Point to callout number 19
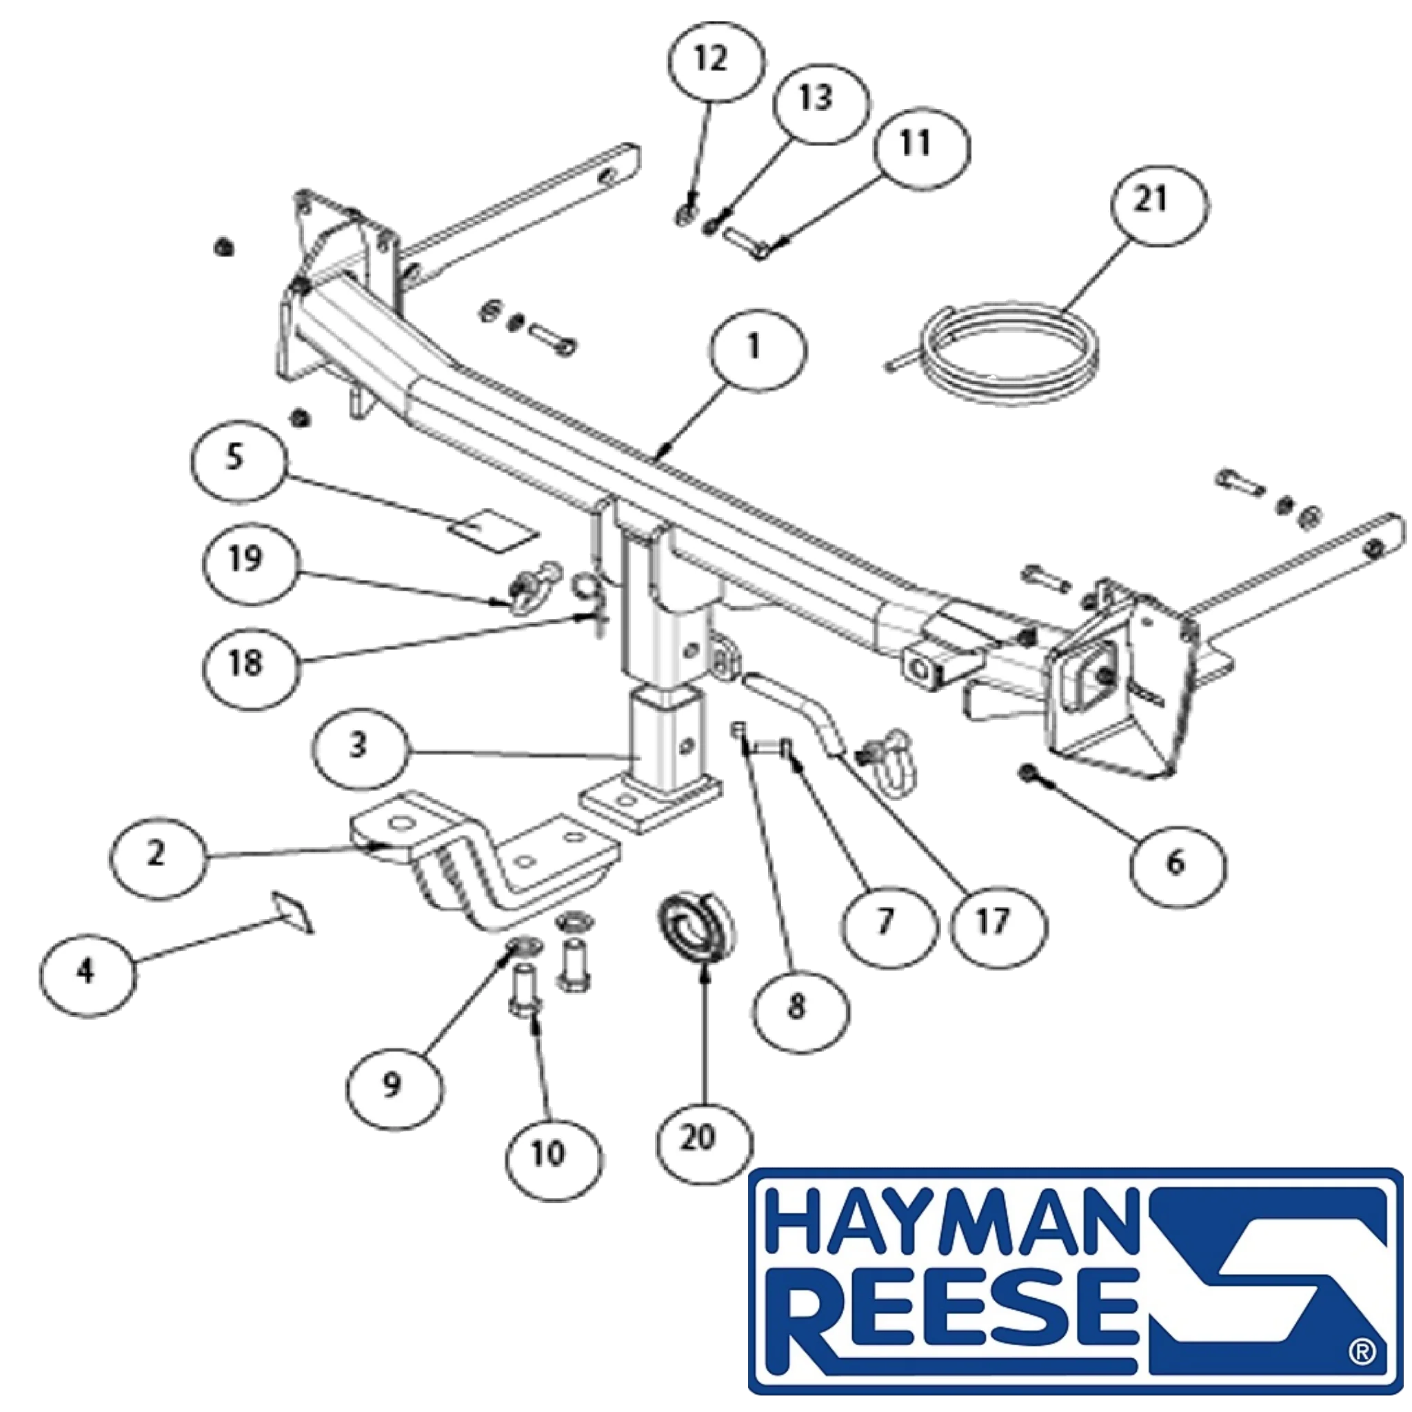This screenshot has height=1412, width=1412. [251, 563]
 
